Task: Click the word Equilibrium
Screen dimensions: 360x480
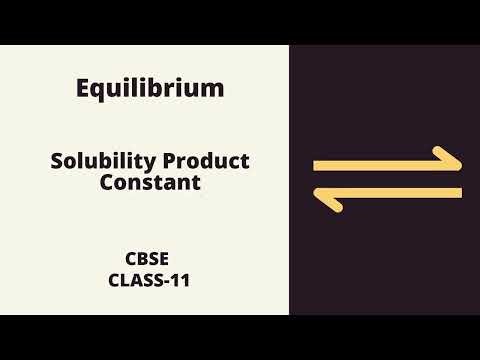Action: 150,88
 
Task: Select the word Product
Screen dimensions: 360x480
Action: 205,162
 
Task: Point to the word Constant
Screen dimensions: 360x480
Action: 150,183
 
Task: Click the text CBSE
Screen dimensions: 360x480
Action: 150,258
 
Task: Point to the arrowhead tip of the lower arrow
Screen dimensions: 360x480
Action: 316,193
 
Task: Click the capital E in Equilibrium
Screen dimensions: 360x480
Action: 84,88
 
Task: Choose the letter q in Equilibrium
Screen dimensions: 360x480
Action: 100,91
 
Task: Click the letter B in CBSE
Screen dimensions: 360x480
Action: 143,258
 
